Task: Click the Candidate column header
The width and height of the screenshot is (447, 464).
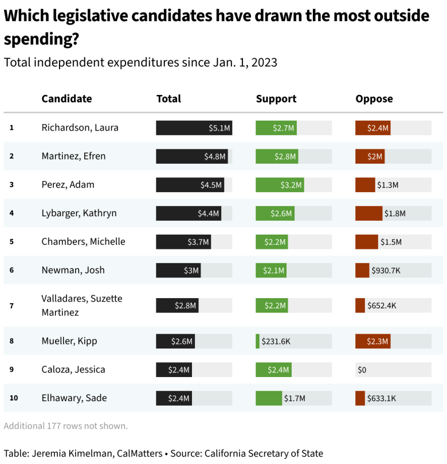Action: coord(66,98)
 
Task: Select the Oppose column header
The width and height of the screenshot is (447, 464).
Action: coord(374,98)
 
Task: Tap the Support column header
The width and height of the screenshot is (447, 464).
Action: coord(276,98)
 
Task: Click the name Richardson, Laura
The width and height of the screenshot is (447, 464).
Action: coord(80,128)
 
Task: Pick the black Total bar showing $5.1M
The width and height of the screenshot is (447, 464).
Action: coord(194,128)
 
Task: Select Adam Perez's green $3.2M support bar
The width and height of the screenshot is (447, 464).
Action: coord(280,185)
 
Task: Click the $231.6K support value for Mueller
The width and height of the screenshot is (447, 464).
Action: coord(276,341)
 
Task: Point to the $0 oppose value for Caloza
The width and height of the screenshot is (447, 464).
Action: coord(362,370)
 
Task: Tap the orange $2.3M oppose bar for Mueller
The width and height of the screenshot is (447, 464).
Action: coord(372,341)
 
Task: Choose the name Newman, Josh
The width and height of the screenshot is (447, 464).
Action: coord(73,270)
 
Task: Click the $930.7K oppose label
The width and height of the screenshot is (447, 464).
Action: coord(386,270)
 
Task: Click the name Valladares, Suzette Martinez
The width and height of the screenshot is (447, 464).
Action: coord(81,306)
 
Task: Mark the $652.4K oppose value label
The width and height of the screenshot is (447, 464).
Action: coord(382,306)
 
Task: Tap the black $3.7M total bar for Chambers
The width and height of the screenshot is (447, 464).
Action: coord(183,241)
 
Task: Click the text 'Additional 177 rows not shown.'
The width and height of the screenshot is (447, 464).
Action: coord(65,426)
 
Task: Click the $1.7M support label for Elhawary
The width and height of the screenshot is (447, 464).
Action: coord(295,398)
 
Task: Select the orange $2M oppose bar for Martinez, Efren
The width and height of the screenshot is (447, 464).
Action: coord(370,156)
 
